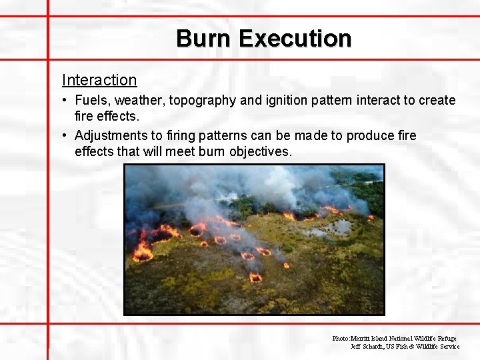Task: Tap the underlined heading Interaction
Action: (99, 80)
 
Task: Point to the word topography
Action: (202, 101)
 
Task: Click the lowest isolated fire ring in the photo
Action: (255, 277)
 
